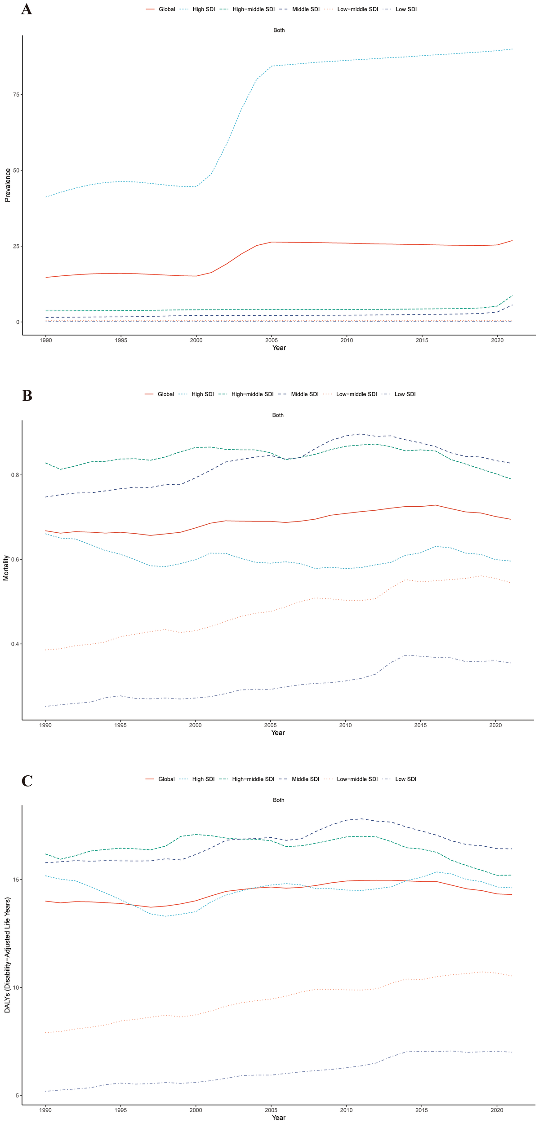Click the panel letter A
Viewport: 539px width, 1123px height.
[x=26, y=9]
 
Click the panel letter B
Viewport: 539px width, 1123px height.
[x=27, y=396]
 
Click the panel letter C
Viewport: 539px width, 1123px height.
[x=27, y=781]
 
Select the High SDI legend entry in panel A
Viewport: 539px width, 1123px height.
[x=204, y=9]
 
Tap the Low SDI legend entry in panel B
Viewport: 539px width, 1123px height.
[x=405, y=394]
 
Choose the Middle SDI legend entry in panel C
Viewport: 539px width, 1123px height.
[x=305, y=779]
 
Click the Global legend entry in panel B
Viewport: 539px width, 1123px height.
[x=165, y=394]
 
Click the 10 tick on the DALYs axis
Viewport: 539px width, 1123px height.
[x=16, y=988]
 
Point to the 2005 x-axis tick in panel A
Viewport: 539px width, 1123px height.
[x=271, y=340]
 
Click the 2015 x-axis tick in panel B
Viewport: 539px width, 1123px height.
[x=420, y=725]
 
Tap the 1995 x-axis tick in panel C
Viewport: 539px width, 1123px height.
[x=120, y=1110]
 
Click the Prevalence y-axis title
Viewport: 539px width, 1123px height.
[x=8, y=185]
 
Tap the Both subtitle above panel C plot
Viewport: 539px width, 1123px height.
[x=279, y=800]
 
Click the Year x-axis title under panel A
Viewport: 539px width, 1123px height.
[x=279, y=348]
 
